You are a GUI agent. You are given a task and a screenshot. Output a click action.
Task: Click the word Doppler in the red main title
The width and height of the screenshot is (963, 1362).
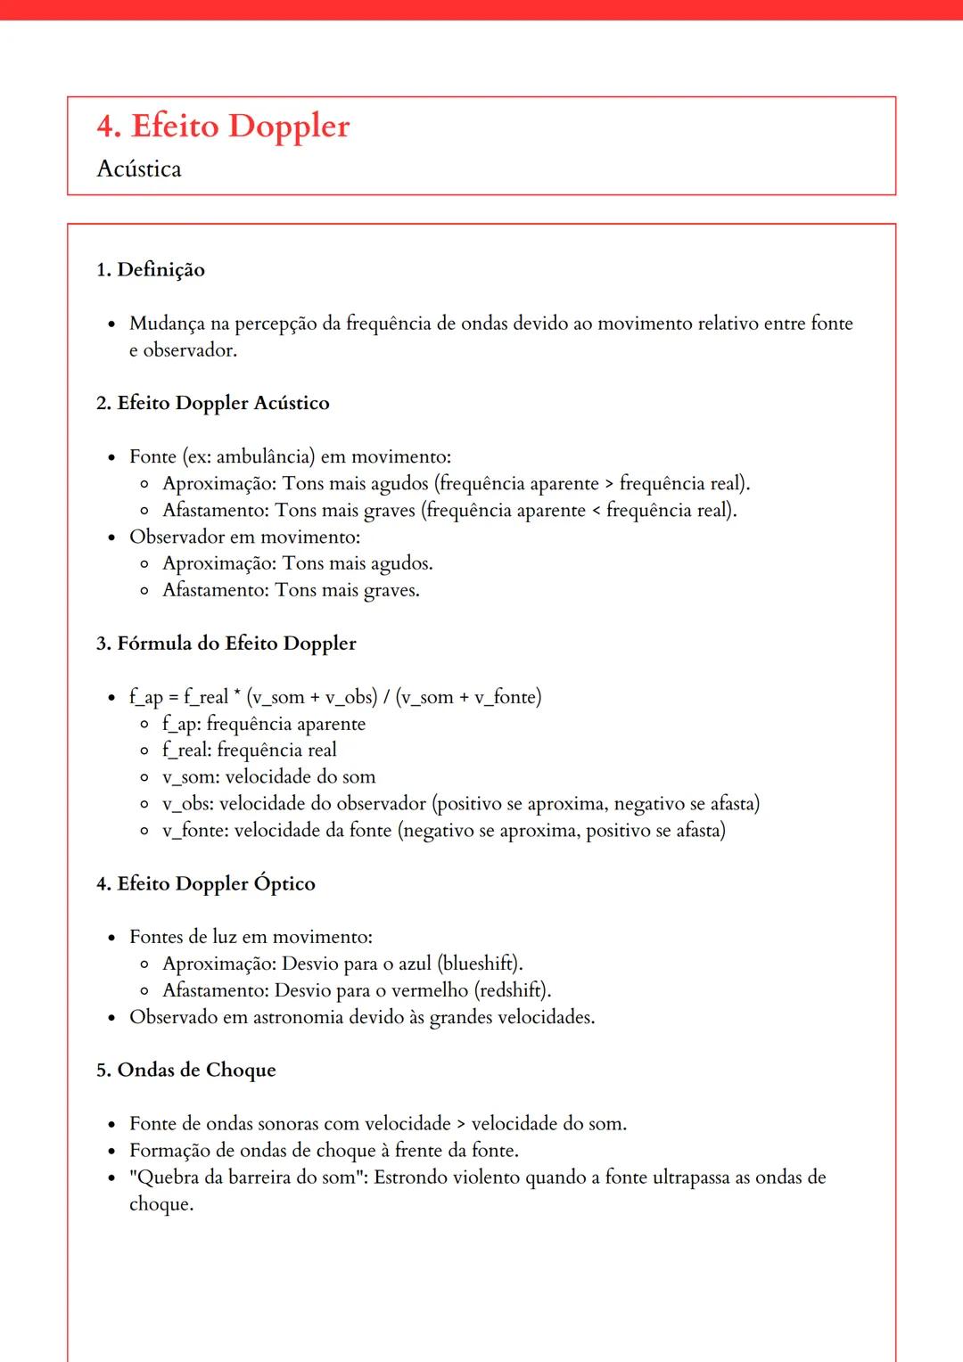click(289, 127)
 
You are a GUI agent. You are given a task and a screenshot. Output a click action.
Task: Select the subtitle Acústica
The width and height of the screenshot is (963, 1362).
click(139, 169)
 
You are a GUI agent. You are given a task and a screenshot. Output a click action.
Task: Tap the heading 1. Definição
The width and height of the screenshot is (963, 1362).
click(151, 270)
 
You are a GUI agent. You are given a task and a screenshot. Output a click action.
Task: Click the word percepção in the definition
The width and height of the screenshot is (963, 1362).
click(276, 324)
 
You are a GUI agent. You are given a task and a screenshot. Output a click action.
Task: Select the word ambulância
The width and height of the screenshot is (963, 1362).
click(265, 457)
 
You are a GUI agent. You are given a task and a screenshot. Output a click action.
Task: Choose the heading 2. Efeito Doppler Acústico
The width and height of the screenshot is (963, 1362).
click(213, 403)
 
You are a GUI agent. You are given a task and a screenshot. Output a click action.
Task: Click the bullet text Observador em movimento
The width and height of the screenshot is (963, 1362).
click(244, 537)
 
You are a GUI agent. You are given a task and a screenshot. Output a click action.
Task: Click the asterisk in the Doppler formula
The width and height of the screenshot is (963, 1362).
click(238, 693)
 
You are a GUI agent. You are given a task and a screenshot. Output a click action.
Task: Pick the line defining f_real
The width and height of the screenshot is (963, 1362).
click(250, 751)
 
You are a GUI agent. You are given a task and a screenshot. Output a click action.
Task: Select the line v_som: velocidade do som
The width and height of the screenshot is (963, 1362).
click(268, 777)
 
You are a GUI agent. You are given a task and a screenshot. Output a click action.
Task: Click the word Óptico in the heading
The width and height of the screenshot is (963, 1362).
click(284, 884)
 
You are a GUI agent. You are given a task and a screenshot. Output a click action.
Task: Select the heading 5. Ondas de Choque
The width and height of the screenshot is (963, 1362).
click(186, 1071)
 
